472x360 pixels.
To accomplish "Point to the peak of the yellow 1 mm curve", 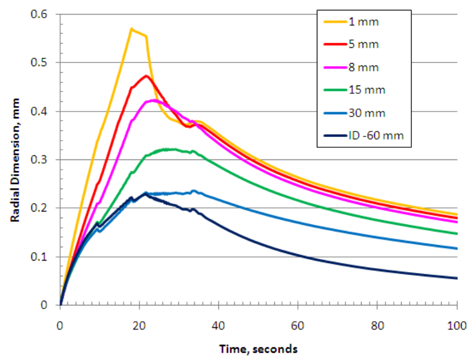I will [131, 28].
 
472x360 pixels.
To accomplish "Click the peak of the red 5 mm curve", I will [146, 76].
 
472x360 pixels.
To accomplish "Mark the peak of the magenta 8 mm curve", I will [152, 100].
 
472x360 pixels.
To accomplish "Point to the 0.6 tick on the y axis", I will [44, 14].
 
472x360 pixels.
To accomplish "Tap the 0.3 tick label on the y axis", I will [44, 159].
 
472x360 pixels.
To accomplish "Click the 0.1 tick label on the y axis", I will [44, 256].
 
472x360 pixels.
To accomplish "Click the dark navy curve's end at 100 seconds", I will [456, 278].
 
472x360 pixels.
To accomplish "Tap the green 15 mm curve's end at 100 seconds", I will [456, 233].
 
